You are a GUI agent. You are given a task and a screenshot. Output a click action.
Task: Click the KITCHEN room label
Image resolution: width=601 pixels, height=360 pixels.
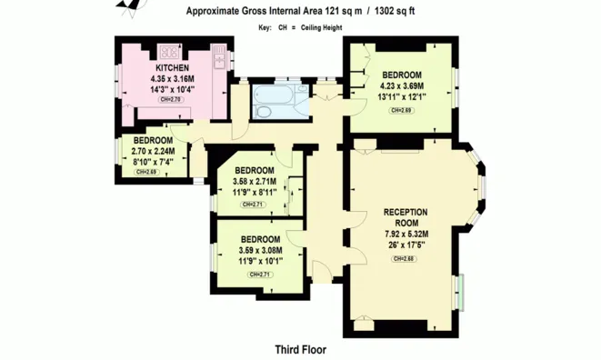[172, 68]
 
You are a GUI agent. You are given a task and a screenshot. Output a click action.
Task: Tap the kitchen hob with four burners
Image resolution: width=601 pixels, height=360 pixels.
[169, 52]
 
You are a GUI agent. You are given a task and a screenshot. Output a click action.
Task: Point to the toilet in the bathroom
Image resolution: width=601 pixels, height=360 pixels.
[263, 112]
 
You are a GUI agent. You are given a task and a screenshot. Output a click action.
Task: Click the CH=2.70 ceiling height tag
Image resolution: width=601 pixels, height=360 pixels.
[171, 100]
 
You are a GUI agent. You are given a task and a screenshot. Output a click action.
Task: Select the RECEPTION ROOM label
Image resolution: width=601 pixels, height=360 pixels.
[406, 217]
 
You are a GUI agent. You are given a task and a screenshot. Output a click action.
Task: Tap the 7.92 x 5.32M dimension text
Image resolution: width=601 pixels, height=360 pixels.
[406, 234]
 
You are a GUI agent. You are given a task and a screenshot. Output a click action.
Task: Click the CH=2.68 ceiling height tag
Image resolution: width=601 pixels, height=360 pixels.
[404, 259]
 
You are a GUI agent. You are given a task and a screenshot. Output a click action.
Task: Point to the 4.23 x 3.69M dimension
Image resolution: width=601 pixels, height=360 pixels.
[402, 85]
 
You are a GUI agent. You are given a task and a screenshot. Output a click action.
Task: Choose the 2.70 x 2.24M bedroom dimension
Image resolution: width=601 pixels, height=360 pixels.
[153, 151]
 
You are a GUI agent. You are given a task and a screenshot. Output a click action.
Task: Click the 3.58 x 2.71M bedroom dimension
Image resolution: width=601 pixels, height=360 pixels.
[255, 181]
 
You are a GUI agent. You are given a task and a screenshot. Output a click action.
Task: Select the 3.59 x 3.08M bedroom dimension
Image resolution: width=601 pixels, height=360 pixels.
[260, 250]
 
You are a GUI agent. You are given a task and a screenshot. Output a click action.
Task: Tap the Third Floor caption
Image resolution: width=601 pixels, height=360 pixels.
[301, 350]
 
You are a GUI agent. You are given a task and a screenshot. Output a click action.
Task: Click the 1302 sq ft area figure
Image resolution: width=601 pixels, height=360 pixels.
[395, 11]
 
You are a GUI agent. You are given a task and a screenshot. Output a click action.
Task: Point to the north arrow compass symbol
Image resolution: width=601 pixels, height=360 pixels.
[132, 5]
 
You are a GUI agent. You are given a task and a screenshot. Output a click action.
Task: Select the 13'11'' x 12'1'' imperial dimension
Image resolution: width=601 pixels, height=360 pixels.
[401, 96]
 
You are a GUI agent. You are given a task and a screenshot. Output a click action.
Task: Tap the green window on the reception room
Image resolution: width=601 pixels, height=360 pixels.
[460, 292]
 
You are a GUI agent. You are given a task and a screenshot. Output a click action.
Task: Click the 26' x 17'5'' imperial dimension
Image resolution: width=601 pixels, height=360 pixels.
[406, 245]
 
